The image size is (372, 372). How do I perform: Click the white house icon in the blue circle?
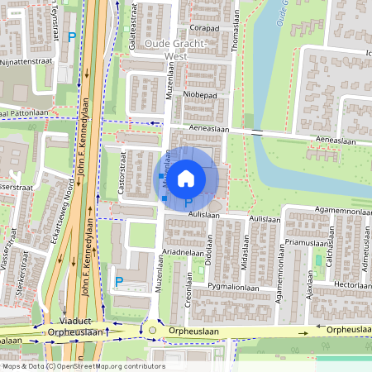pyautogui.click(x=186, y=177)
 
